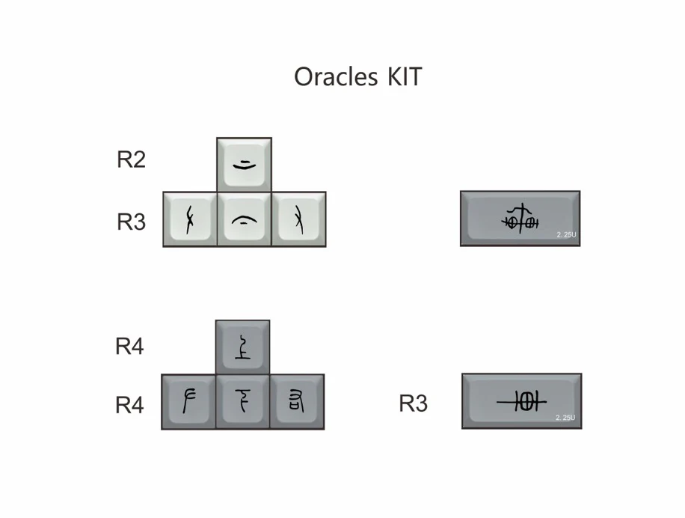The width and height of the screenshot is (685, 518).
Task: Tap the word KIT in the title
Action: (405, 76)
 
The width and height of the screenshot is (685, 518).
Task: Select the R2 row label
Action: (131, 159)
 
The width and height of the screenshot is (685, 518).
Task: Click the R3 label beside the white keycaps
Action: (131, 222)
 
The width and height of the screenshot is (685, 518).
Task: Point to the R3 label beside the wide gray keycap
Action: (413, 403)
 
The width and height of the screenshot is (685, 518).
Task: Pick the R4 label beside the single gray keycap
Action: (129, 347)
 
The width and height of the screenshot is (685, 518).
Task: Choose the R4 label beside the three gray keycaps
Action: (129, 405)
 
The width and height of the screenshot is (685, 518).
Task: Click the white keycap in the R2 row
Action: (244, 163)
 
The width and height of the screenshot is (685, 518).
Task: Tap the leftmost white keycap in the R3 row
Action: (190, 219)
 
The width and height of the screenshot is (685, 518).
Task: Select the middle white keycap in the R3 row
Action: (244, 219)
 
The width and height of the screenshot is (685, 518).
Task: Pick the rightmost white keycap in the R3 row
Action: (298, 219)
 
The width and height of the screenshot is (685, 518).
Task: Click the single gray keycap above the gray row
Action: (242, 347)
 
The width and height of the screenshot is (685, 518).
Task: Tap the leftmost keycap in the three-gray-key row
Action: (188, 402)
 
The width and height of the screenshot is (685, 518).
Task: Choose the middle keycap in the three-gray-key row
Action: (242, 402)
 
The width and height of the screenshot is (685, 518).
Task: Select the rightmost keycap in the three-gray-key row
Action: (297, 402)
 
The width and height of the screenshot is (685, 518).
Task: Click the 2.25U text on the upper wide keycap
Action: (567, 235)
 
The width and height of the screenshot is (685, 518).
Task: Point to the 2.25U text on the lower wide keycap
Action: (566, 418)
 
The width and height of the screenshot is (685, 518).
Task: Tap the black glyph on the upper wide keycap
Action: (520, 217)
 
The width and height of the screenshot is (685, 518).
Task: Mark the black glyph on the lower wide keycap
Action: (521, 402)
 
